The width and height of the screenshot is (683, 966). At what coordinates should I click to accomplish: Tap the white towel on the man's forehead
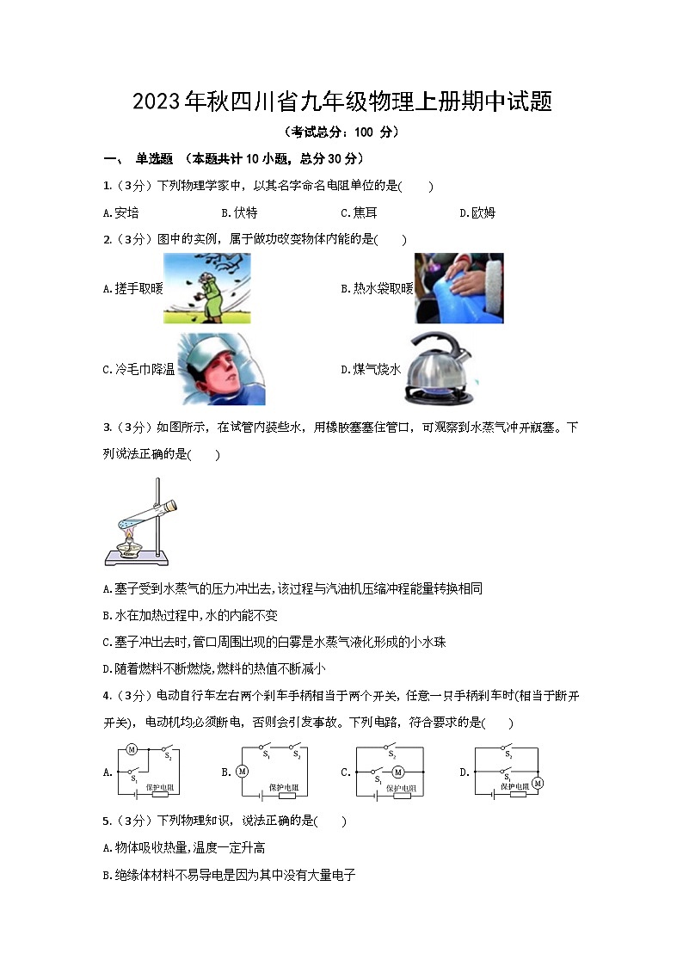(210, 353)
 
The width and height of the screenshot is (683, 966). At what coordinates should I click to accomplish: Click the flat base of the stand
(134, 560)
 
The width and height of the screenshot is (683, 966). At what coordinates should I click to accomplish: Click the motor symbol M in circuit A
(132, 749)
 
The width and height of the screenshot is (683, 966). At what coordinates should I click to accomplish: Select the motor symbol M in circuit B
(243, 772)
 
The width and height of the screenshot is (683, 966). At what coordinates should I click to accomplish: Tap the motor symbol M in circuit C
(397, 772)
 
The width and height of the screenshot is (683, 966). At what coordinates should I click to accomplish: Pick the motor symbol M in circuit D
(538, 783)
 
